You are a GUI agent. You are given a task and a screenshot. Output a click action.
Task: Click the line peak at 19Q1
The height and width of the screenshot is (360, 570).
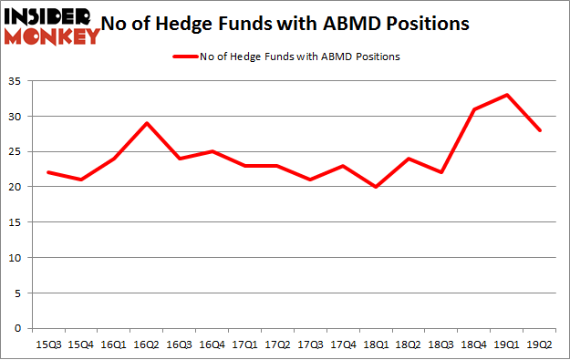coord(507,95)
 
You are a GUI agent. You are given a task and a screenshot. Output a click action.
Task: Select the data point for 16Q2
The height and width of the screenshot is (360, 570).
coord(147,123)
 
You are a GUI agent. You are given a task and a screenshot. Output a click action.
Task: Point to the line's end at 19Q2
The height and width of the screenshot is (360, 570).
coord(540,130)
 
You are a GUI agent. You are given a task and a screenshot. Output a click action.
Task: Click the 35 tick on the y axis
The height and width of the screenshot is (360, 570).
coord(18,81)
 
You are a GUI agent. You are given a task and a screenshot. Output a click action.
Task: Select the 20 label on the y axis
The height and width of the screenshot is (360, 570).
coord(18,187)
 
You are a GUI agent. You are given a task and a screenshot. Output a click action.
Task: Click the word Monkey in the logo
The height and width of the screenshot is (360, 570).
coord(55,36)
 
